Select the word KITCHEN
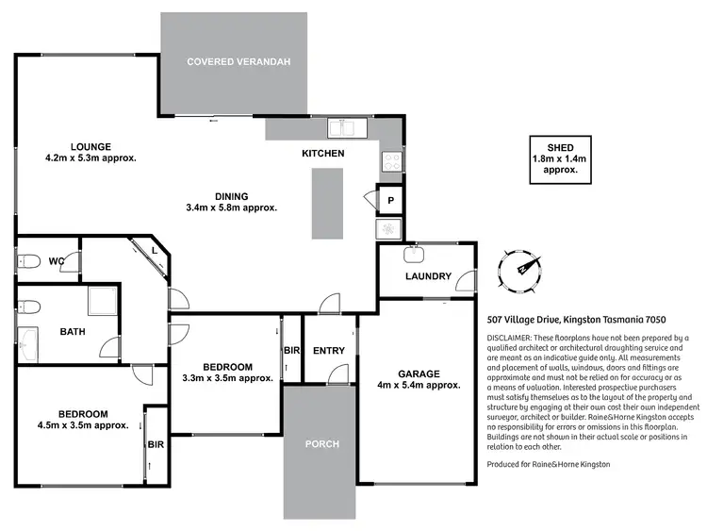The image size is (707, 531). tap(322, 153)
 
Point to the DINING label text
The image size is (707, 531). tap(231, 196)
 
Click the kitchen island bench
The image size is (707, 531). tap(329, 204)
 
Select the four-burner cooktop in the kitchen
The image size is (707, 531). tap(391, 161)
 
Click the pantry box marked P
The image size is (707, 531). tap(389, 200)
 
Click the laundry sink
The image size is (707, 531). tap(413, 253)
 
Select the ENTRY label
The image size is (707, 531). tap(329, 351)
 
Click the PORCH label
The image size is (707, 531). tap(321, 443)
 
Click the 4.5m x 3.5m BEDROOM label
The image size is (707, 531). tap(82, 413)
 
